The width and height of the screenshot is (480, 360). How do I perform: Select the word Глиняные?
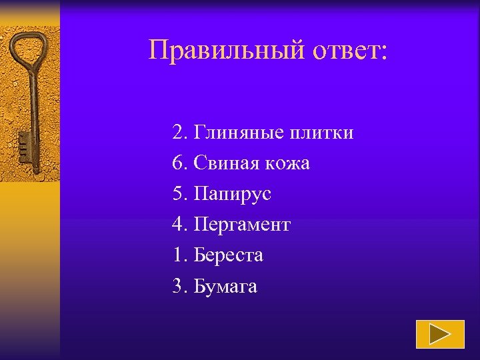pos(239,133)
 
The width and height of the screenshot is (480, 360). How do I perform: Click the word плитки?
pos(322,133)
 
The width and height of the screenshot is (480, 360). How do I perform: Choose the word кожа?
pos(289,163)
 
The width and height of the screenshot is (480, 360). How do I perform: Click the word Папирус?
pos(233,194)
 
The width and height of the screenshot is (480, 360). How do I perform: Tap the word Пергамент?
pos(242,225)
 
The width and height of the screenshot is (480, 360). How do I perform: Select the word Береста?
pos(229,255)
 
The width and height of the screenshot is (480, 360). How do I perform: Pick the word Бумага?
pos(225,287)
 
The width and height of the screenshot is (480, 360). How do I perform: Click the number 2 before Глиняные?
pos(178,133)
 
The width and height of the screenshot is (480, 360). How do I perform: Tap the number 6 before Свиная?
pos(178,163)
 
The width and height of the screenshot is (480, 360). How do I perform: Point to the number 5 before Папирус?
pos(178,194)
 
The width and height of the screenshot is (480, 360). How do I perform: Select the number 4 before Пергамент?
pos(178,225)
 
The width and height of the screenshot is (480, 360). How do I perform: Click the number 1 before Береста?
pos(178,255)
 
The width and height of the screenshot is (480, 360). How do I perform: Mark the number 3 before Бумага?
pos(178,287)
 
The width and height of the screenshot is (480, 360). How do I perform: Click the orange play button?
pos(440,334)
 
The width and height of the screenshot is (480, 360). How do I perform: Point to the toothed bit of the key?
pos(23,143)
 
